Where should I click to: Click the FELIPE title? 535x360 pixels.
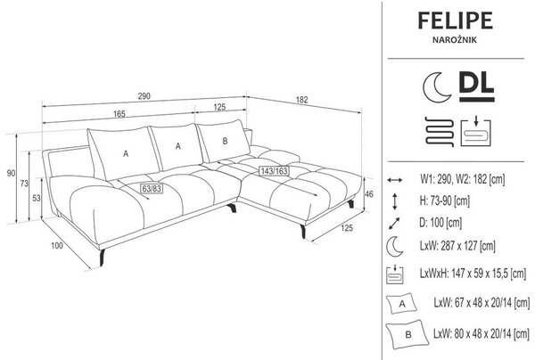pyautogui.click(x=455, y=20)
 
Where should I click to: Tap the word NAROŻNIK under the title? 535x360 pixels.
pyautogui.click(x=455, y=40)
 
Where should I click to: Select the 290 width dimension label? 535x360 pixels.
pyautogui.click(x=144, y=96)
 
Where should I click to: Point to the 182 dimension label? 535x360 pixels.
pyautogui.click(x=302, y=100)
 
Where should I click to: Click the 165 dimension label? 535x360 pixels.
pyautogui.click(x=119, y=114)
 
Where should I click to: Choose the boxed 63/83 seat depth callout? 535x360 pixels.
pyautogui.click(x=152, y=189)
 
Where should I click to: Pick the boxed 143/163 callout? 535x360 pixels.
pyautogui.click(x=274, y=171)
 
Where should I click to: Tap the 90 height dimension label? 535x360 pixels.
pyautogui.click(x=11, y=173)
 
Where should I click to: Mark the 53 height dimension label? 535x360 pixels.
pyautogui.click(x=37, y=198)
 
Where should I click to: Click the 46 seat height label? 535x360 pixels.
pyautogui.click(x=369, y=194)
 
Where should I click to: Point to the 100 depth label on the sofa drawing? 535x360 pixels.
pyautogui.click(x=57, y=245)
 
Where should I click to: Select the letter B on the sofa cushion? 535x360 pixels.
pyautogui.click(x=225, y=141)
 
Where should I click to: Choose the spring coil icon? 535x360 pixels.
pyautogui.click(x=440, y=132)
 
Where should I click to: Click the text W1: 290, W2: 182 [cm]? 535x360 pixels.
pyautogui.click(x=462, y=179)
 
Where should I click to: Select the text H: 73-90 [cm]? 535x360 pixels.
pyautogui.click(x=445, y=200)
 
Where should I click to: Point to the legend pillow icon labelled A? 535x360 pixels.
pyautogui.click(x=401, y=303)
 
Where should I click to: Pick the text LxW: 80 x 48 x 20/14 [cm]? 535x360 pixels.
pyautogui.click(x=481, y=333)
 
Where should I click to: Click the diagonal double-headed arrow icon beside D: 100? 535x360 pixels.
pyautogui.click(x=394, y=224)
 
